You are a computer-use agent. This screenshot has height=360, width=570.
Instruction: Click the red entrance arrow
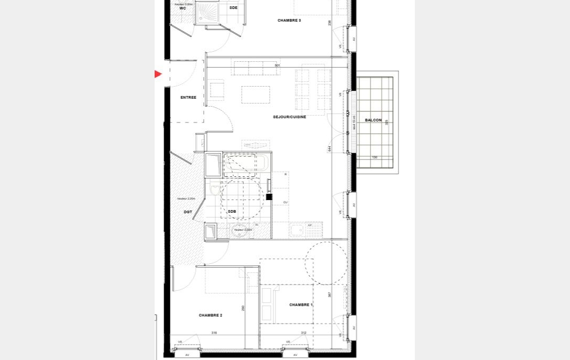158,74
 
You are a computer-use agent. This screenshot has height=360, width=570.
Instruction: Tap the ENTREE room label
188,97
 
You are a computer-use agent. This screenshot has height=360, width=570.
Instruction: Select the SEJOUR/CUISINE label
289,117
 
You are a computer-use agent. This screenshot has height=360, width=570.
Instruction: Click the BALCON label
373,120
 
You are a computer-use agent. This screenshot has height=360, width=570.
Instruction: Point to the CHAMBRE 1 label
301,305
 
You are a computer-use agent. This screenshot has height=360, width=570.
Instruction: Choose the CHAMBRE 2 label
210,315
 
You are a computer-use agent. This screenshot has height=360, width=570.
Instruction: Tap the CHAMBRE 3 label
289,20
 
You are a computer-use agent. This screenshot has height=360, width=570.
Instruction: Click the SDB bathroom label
232,211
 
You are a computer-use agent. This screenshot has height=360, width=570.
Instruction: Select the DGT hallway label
188,212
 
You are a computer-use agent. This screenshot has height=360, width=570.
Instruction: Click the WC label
183,8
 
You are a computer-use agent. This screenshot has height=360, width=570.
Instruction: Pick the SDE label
233,8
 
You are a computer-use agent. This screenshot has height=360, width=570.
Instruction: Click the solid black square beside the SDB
269,197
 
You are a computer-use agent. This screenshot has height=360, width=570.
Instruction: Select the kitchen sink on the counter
297,229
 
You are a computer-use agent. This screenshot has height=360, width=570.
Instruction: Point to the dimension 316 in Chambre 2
214,333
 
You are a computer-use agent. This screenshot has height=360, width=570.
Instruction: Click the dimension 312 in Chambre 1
303,333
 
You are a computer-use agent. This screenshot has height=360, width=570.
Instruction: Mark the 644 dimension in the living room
329,149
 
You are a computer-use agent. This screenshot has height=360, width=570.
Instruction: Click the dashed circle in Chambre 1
326,263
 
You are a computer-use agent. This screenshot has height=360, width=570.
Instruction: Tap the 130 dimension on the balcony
375,157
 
